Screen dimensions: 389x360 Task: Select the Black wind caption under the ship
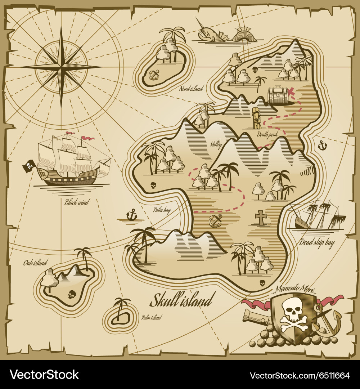[x=77, y=202]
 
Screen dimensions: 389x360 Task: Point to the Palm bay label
[x=162, y=210]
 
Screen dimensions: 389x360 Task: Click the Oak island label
[x=35, y=263]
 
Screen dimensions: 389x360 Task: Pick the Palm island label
[x=152, y=317]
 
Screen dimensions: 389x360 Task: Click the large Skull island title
[x=183, y=300]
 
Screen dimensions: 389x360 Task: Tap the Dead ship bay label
[x=317, y=242]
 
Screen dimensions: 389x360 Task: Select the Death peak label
[x=267, y=134]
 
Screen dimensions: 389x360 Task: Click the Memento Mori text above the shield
[x=295, y=289]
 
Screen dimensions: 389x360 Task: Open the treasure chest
[x=278, y=95]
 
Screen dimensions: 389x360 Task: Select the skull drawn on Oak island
[x=72, y=294]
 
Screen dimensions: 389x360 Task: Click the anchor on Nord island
[x=154, y=75]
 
